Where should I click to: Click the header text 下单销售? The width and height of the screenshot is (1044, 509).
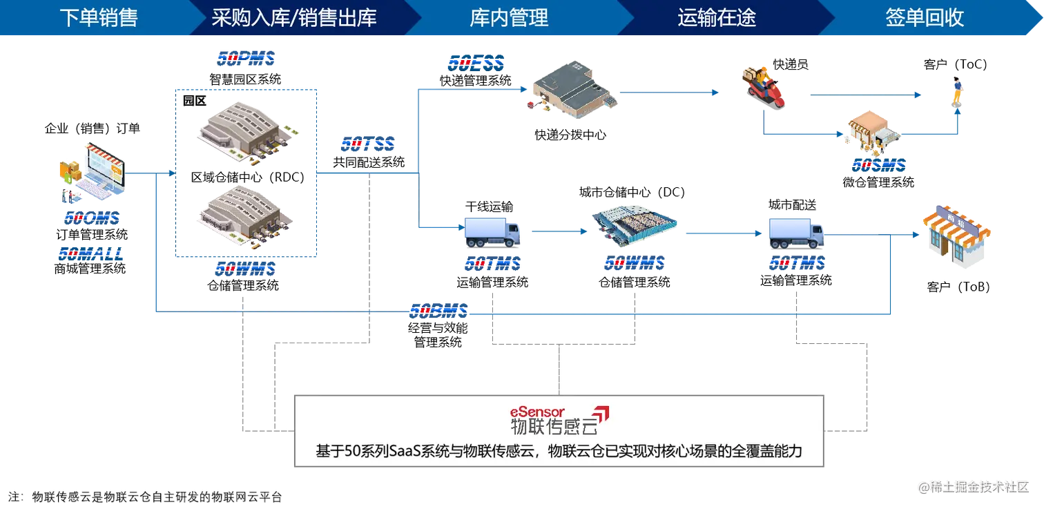coord(99,18)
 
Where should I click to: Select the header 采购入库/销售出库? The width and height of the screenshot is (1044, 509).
coord(294,18)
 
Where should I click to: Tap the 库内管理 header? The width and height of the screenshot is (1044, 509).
coord(509,18)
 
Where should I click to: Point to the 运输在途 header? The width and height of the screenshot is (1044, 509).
coord(717,18)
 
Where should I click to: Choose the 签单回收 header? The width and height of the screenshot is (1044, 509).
coord(925,18)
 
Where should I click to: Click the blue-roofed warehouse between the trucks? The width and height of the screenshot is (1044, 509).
coord(634,226)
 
